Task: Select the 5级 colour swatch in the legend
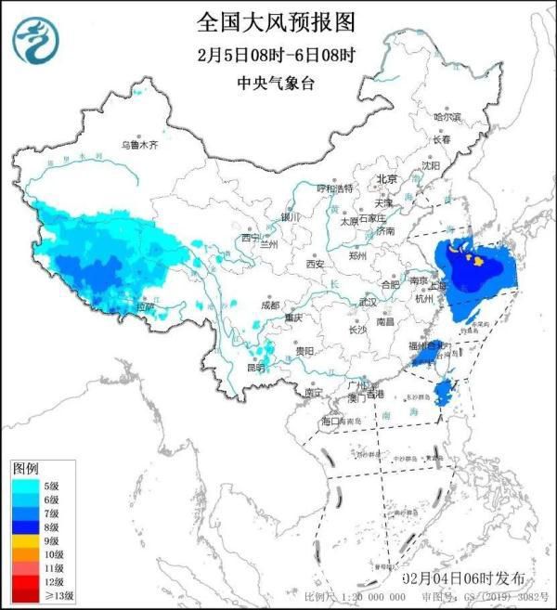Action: (26, 484)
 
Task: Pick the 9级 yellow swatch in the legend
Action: (26, 540)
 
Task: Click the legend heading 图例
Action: (25, 469)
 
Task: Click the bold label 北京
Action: (386, 179)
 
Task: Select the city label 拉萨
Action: (145, 305)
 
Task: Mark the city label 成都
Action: (269, 304)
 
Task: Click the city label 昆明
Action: (253, 368)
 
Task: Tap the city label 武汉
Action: (368, 302)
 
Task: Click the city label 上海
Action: (435, 286)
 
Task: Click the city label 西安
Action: (314, 265)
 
